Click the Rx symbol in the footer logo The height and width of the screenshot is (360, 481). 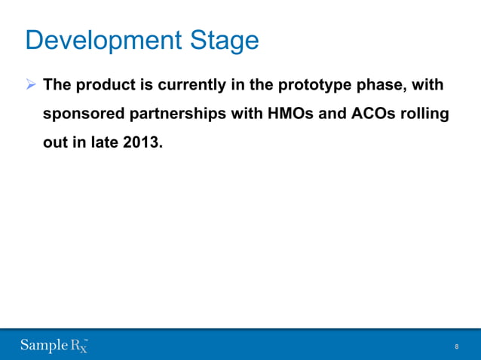[79, 346]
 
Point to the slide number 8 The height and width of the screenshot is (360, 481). [456, 346]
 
